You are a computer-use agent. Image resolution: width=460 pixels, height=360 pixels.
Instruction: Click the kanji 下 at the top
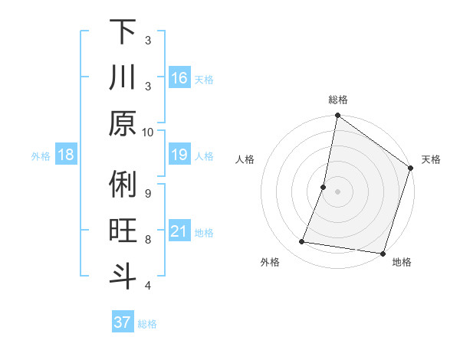click(x=123, y=33)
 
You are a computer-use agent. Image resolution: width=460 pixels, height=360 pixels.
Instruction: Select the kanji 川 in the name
click(x=123, y=78)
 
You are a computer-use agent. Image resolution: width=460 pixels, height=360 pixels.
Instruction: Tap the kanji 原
click(x=123, y=124)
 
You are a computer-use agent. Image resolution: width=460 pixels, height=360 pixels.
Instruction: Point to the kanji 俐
click(x=123, y=185)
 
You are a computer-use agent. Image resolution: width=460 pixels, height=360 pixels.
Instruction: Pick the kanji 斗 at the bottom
click(x=123, y=277)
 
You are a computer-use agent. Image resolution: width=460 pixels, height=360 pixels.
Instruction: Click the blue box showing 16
click(x=179, y=78)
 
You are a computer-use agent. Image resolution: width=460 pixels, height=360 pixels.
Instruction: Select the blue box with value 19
click(x=179, y=155)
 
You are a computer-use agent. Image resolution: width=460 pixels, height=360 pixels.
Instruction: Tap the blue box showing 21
click(x=179, y=231)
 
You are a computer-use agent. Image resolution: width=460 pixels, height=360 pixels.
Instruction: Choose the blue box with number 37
click(x=123, y=322)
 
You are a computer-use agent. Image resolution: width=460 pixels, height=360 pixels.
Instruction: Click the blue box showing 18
click(x=66, y=155)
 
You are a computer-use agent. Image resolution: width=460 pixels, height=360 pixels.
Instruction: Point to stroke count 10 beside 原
click(x=148, y=132)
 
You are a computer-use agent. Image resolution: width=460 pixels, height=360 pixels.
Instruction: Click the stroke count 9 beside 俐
click(x=148, y=192)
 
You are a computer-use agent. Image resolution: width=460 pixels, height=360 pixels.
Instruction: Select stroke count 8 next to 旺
click(x=148, y=239)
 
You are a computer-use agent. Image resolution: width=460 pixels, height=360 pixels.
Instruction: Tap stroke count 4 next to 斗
click(x=148, y=285)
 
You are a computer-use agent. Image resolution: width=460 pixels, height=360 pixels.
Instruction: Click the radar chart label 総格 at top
click(x=337, y=100)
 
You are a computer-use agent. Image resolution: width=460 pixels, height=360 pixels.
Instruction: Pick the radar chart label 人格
click(x=245, y=159)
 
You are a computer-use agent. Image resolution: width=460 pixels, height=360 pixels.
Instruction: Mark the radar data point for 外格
click(x=302, y=242)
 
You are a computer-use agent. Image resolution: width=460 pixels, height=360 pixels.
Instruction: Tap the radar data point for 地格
click(x=382, y=254)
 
